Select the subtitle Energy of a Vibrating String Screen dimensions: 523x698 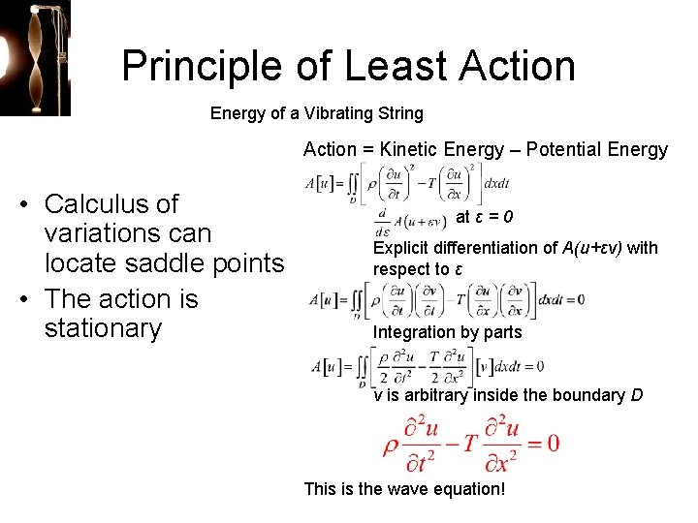(317, 113)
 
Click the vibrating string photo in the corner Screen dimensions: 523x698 (35, 58)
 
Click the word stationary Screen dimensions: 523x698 (103, 327)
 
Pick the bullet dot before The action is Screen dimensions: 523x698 (26, 298)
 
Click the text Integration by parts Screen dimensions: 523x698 (448, 332)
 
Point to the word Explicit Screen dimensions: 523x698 (401, 248)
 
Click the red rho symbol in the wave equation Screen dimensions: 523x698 (391, 444)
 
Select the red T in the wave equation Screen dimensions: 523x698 (468, 443)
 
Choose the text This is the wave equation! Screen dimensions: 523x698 (404, 488)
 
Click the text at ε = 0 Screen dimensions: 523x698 (485, 216)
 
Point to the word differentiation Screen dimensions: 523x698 (492, 248)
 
